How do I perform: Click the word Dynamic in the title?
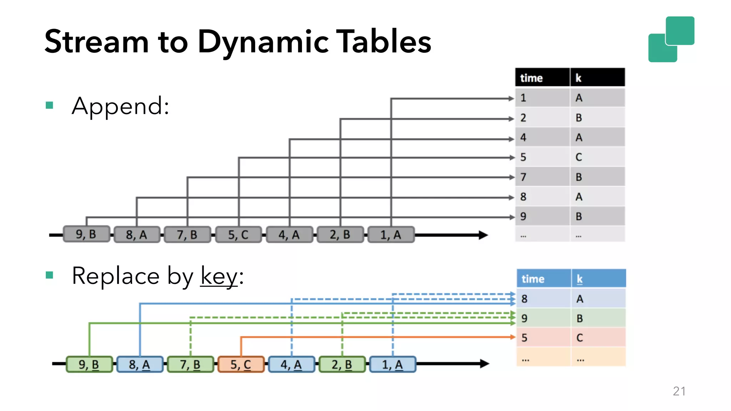coord(263,42)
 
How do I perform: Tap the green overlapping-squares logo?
coord(671,39)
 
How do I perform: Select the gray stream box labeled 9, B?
coord(86,234)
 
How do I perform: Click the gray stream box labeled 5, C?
coord(238,235)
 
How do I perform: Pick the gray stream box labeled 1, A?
coord(391,235)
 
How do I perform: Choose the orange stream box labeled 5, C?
coord(241,364)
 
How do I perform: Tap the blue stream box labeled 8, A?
coord(140,364)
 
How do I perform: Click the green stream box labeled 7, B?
coord(190,364)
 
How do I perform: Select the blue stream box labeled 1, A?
coord(393,364)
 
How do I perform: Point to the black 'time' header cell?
coord(542,78)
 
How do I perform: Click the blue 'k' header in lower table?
coord(598,279)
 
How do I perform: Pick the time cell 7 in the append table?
coord(542,177)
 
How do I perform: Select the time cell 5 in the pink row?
coord(543,338)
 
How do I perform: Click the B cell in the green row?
coord(598,318)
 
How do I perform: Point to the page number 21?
coord(679,391)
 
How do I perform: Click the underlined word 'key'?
coord(219,276)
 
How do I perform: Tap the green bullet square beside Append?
coord(50,105)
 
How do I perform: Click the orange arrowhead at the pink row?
coord(513,337)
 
